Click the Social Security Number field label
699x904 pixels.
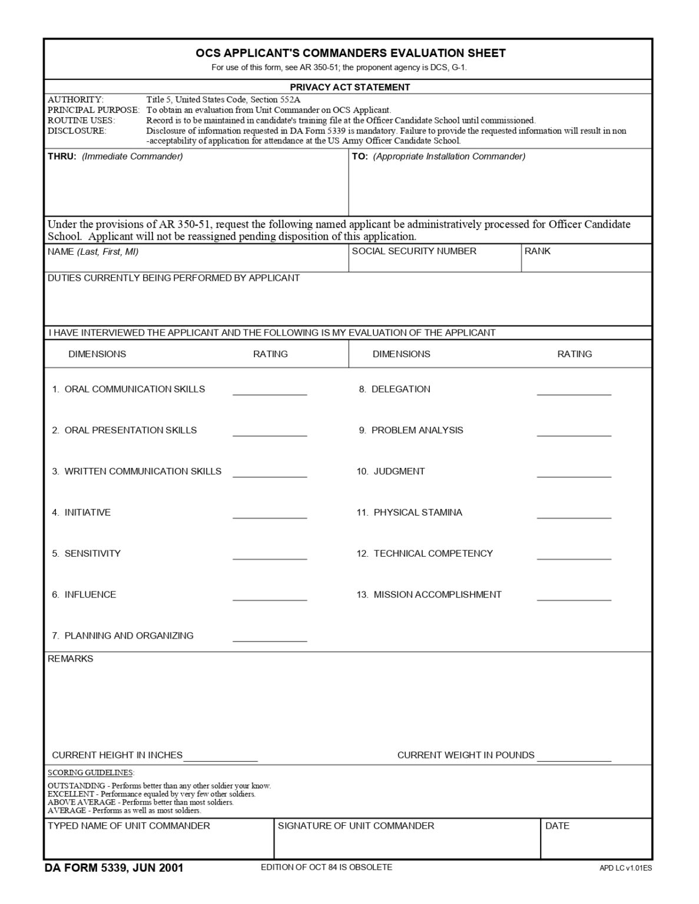click(x=414, y=251)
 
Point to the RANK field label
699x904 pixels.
click(x=538, y=251)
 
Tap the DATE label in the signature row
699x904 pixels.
click(x=557, y=826)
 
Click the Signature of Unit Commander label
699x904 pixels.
click(x=356, y=826)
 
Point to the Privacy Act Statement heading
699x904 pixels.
click(x=350, y=87)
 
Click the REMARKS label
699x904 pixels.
click(x=70, y=659)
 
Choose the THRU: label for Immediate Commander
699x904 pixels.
click(x=62, y=157)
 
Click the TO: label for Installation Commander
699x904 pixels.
click(x=360, y=157)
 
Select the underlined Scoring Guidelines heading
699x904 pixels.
click(x=91, y=773)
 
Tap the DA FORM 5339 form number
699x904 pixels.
click(x=113, y=868)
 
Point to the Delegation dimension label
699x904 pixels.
click(x=400, y=390)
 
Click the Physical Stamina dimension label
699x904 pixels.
click(x=418, y=513)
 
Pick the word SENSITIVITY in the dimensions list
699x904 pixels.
click(x=92, y=554)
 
